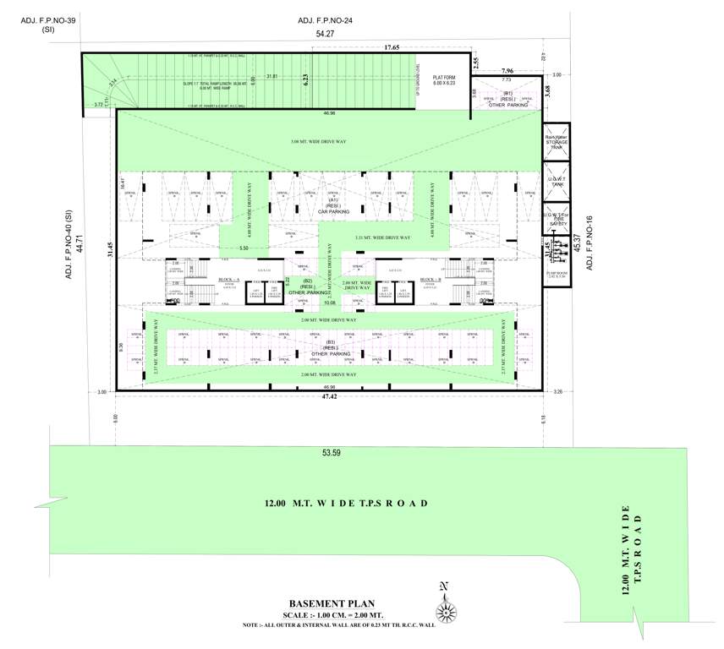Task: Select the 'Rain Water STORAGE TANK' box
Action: pos(557,141)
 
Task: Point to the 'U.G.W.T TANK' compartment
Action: pos(557,182)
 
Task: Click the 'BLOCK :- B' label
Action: pos(429,279)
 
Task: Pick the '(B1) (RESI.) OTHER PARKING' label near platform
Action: pos(507,99)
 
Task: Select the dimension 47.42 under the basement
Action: pos(329,395)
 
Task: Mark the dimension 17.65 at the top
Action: pos(392,48)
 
